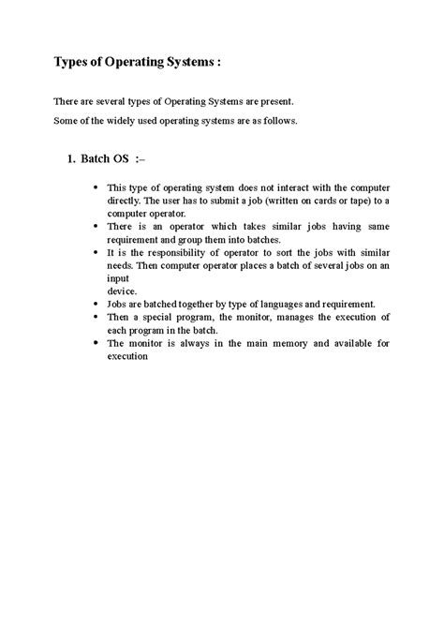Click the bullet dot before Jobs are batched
coord(98,304)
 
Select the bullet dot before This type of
coord(98,187)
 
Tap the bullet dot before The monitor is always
coord(98,343)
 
